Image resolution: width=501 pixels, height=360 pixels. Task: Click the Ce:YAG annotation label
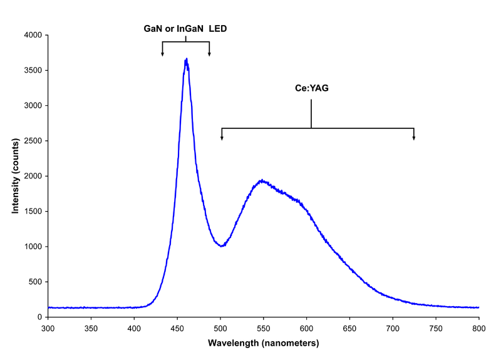tap(311, 89)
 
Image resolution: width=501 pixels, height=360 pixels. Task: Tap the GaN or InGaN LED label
tap(186, 28)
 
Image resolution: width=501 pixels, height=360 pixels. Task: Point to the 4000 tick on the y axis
tap(31, 36)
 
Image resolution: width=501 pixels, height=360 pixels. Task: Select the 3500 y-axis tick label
tap(31, 71)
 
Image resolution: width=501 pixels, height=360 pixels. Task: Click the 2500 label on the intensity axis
tap(31, 141)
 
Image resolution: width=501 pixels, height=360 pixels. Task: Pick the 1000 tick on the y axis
tap(31, 247)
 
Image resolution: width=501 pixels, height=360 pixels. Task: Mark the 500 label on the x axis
tap(220, 327)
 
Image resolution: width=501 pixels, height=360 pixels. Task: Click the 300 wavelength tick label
tap(48, 327)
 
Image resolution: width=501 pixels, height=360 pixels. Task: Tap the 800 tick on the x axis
tap(479, 327)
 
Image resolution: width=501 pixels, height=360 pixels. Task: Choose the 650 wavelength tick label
tap(350, 327)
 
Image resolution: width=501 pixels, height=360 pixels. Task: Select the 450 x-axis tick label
tap(177, 327)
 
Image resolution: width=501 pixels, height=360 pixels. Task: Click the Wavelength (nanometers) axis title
tap(263, 343)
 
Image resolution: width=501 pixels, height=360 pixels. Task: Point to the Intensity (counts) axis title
tap(15, 176)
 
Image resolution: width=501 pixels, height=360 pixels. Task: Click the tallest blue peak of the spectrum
tap(186, 59)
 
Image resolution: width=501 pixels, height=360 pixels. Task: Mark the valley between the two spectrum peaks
tap(221, 246)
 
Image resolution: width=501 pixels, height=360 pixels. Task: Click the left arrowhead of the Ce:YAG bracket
tap(222, 138)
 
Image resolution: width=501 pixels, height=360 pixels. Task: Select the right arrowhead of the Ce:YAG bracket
tap(413, 138)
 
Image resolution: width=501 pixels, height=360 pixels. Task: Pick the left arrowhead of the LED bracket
tap(162, 54)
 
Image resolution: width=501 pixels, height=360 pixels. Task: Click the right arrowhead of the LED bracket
tap(209, 54)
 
